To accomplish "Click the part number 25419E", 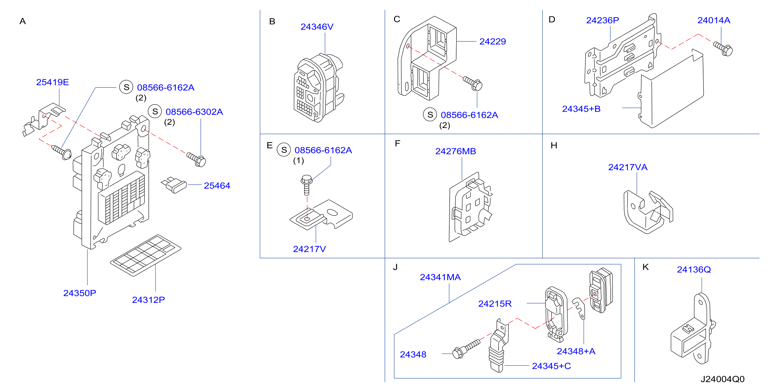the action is pyautogui.click(x=53, y=82).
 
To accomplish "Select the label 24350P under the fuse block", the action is pyautogui.click(x=80, y=293).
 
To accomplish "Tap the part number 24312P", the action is pyautogui.click(x=148, y=300).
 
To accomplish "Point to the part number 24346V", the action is pyautogui.click(x=317, y=27).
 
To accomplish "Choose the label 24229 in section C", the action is pyautogui.click(x=493, y=41).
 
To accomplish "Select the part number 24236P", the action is pyautogui.click(x=602, y=20).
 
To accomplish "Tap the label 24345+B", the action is pyautogui.click(x=581, y=109).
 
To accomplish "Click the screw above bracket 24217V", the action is pyautogui.click(x=307, y=185).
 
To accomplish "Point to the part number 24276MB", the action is pyautogui.click(x=455, y=151).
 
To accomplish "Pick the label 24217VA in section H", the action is pyautogui.click(x=628, y=167).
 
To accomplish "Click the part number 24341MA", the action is pyautogui.click(x=440, y=277).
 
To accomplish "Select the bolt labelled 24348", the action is pyautogui.click(x=466, y=349).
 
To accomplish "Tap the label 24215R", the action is pyautogui.click(x=495, y=304).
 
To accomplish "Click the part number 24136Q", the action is pyautogui.click(x=694, y=269).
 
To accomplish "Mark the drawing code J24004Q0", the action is pyautogui.click(x=722, y=379).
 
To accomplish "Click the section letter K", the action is pyautogui.click(x=646, y=267).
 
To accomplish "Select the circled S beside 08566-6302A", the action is pyautogui.click(x=155, y=112).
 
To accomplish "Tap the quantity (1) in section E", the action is pyautogui.click(x=298, y=161).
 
